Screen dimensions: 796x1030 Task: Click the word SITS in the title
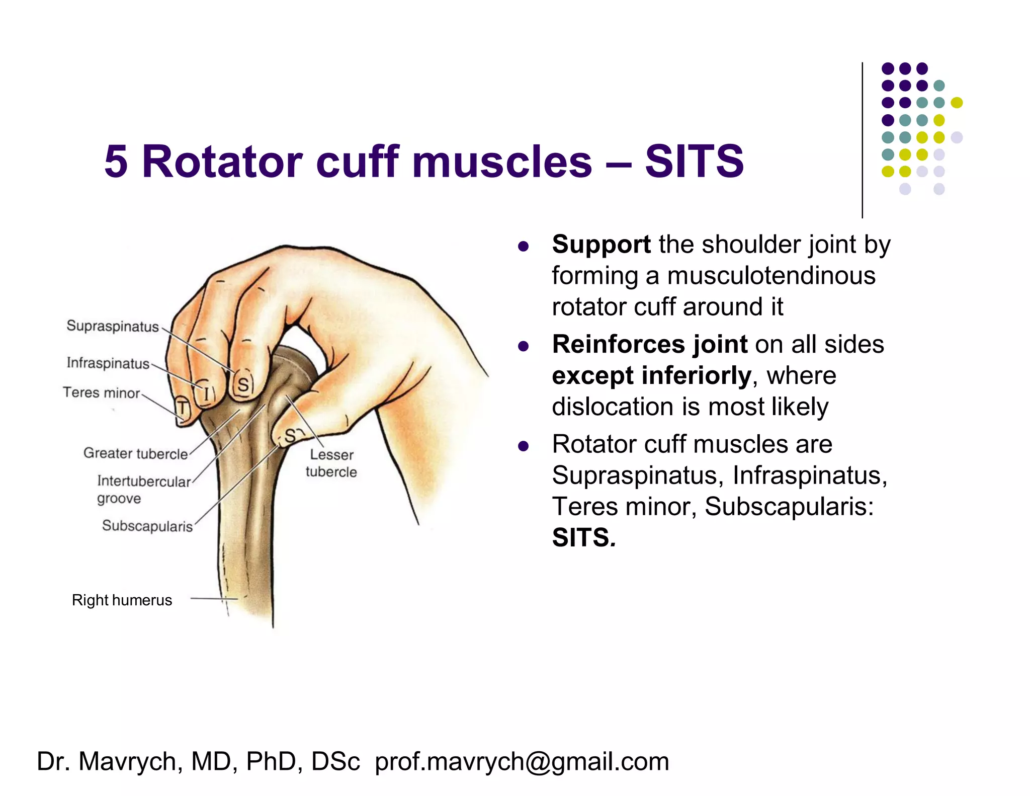tap(694, 162)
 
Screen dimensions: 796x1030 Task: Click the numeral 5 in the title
tap(116, 162)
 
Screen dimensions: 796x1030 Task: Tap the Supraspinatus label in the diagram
tap(113, 326)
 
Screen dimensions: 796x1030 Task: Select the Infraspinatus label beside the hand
tap(108, 363)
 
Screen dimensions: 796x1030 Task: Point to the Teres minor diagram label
tap(101, 392)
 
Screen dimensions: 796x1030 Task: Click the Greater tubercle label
tap(135, 453)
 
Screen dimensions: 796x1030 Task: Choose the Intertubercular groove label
tap(143, 489)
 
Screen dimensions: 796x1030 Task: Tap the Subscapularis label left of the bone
tap(147, 526)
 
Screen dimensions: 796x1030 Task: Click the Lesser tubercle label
tap(331, 463)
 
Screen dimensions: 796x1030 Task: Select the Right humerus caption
tap(122, 600)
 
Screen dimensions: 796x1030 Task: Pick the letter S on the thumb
tap(290, 436)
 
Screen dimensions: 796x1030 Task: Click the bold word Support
tap(601, 245)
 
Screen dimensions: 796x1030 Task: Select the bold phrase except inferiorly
tap(651, 376)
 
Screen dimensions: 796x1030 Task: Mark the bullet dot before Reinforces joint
tap(523, 346)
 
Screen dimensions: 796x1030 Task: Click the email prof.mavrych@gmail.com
tap(522, 761)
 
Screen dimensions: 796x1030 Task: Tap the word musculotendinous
tap(771, 276)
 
